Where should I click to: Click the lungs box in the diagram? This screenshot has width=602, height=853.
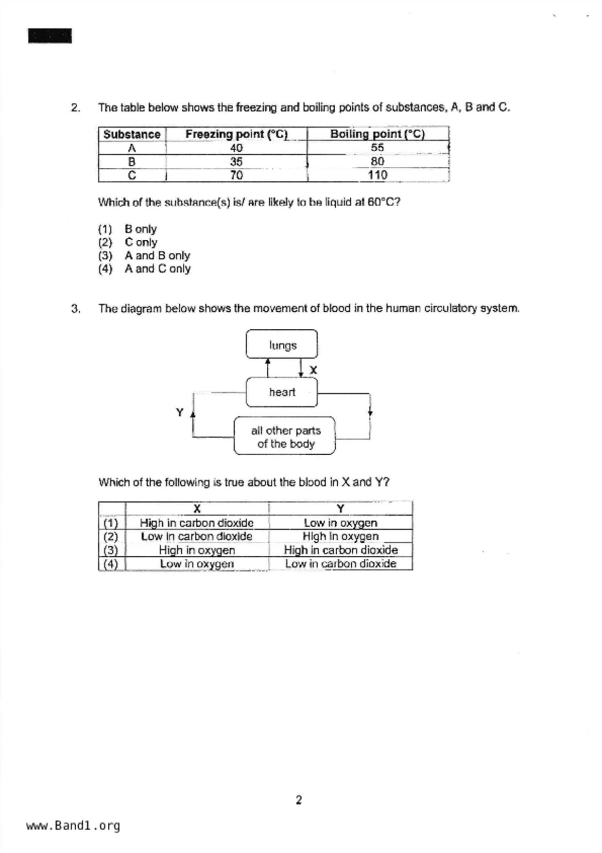tap(282, 344)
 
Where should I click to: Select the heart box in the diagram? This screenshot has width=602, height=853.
tap(282, 392)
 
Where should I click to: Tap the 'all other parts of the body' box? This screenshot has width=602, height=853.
tap(285, 436)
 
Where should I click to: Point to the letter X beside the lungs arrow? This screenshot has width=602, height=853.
tap(313, 370)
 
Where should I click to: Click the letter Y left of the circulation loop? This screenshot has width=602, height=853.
tap(179, 412)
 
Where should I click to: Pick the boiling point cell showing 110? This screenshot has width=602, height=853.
tap(378, 175)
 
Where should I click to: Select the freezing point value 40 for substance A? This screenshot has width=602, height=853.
tap(236, 148)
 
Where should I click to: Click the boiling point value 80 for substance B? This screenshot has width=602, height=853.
tap(378, 161)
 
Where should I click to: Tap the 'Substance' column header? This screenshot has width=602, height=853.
tap(132, 134)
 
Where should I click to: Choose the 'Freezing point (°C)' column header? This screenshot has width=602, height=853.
tap(236, 134)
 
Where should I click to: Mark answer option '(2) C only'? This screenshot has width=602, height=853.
tap(128, 242)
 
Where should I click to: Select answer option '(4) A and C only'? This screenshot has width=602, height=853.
tap(144, 268)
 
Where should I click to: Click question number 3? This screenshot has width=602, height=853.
tap(75, 308)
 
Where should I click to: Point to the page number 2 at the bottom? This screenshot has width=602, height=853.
tap(299, 800)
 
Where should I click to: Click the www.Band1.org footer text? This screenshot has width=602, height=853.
tap(73, 826)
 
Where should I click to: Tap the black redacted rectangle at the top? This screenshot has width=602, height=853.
tap(50, 36)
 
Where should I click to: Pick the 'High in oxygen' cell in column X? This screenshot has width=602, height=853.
tap(197, 550)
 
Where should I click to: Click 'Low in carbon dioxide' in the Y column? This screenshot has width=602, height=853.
tap(341, 564)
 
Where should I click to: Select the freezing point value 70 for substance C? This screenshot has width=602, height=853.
tap(236, 175)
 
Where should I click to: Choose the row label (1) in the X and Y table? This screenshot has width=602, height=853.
tap(111, 523)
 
